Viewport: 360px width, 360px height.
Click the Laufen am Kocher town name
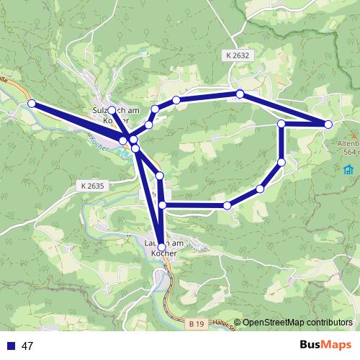point(160,248)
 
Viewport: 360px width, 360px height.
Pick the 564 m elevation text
point(351,152)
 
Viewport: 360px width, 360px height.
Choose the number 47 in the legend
point(28,346)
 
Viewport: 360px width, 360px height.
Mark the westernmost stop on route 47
point(32,104)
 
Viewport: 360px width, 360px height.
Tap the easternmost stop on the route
point(328,125)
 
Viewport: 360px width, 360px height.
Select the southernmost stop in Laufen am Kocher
point(161,247)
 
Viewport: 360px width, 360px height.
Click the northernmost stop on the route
point(240,94)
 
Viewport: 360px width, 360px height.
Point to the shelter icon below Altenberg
point(348,169)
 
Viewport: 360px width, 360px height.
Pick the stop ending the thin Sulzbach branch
point(112,110)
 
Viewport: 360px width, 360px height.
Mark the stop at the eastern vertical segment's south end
point(282,162)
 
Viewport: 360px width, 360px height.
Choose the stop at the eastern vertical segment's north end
point(282,125)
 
